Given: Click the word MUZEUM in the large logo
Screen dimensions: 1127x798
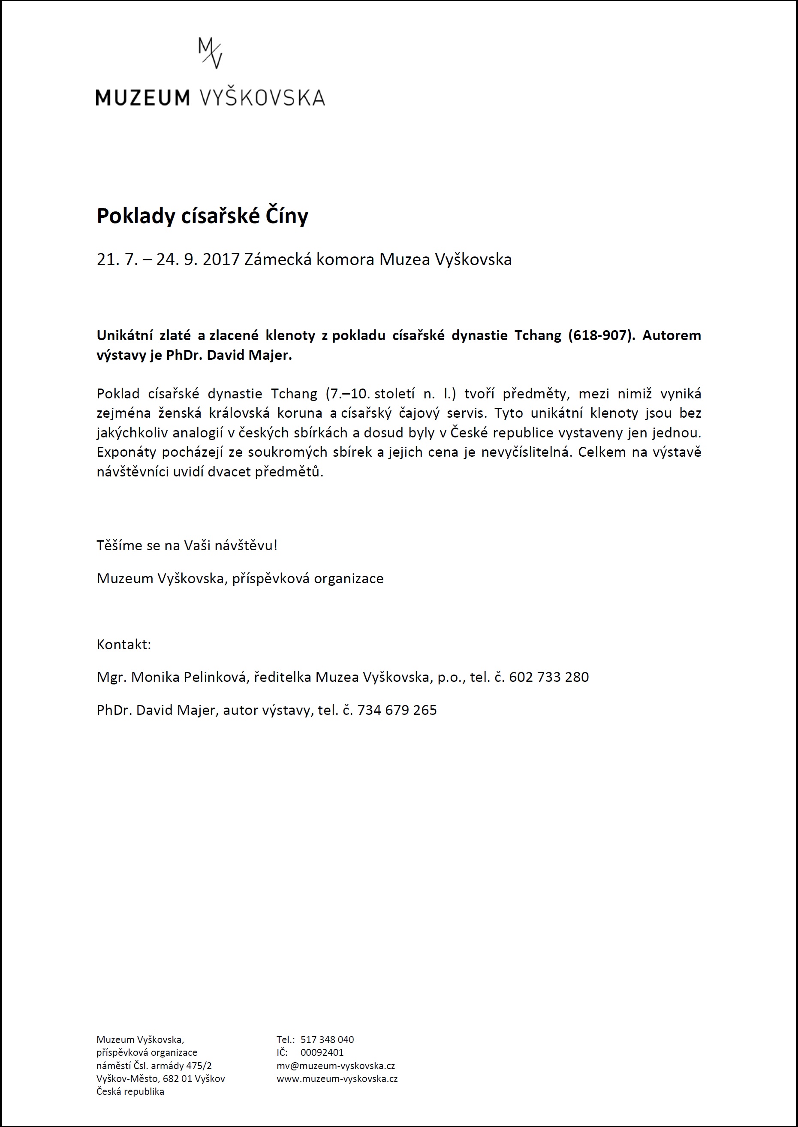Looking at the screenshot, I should click(142, 97).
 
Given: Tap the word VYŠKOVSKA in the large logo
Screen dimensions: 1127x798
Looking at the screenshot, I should click(262, 97).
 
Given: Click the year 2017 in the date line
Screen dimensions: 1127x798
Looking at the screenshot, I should click(221, 259).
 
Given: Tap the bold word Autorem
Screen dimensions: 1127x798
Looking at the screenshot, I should click(671, 335).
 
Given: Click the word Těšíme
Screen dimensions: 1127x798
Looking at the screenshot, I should click(119, 545).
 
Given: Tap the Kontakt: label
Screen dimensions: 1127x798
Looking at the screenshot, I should click(124, 645).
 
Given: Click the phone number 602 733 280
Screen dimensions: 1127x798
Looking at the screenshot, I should click(548, 678).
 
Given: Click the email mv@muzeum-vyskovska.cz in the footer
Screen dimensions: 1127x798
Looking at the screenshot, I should click(336, 1066).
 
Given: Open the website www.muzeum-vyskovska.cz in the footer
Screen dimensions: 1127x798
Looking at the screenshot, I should click(337, 1079).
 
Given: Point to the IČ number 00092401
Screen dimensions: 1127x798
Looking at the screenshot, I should click(322, 1053).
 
